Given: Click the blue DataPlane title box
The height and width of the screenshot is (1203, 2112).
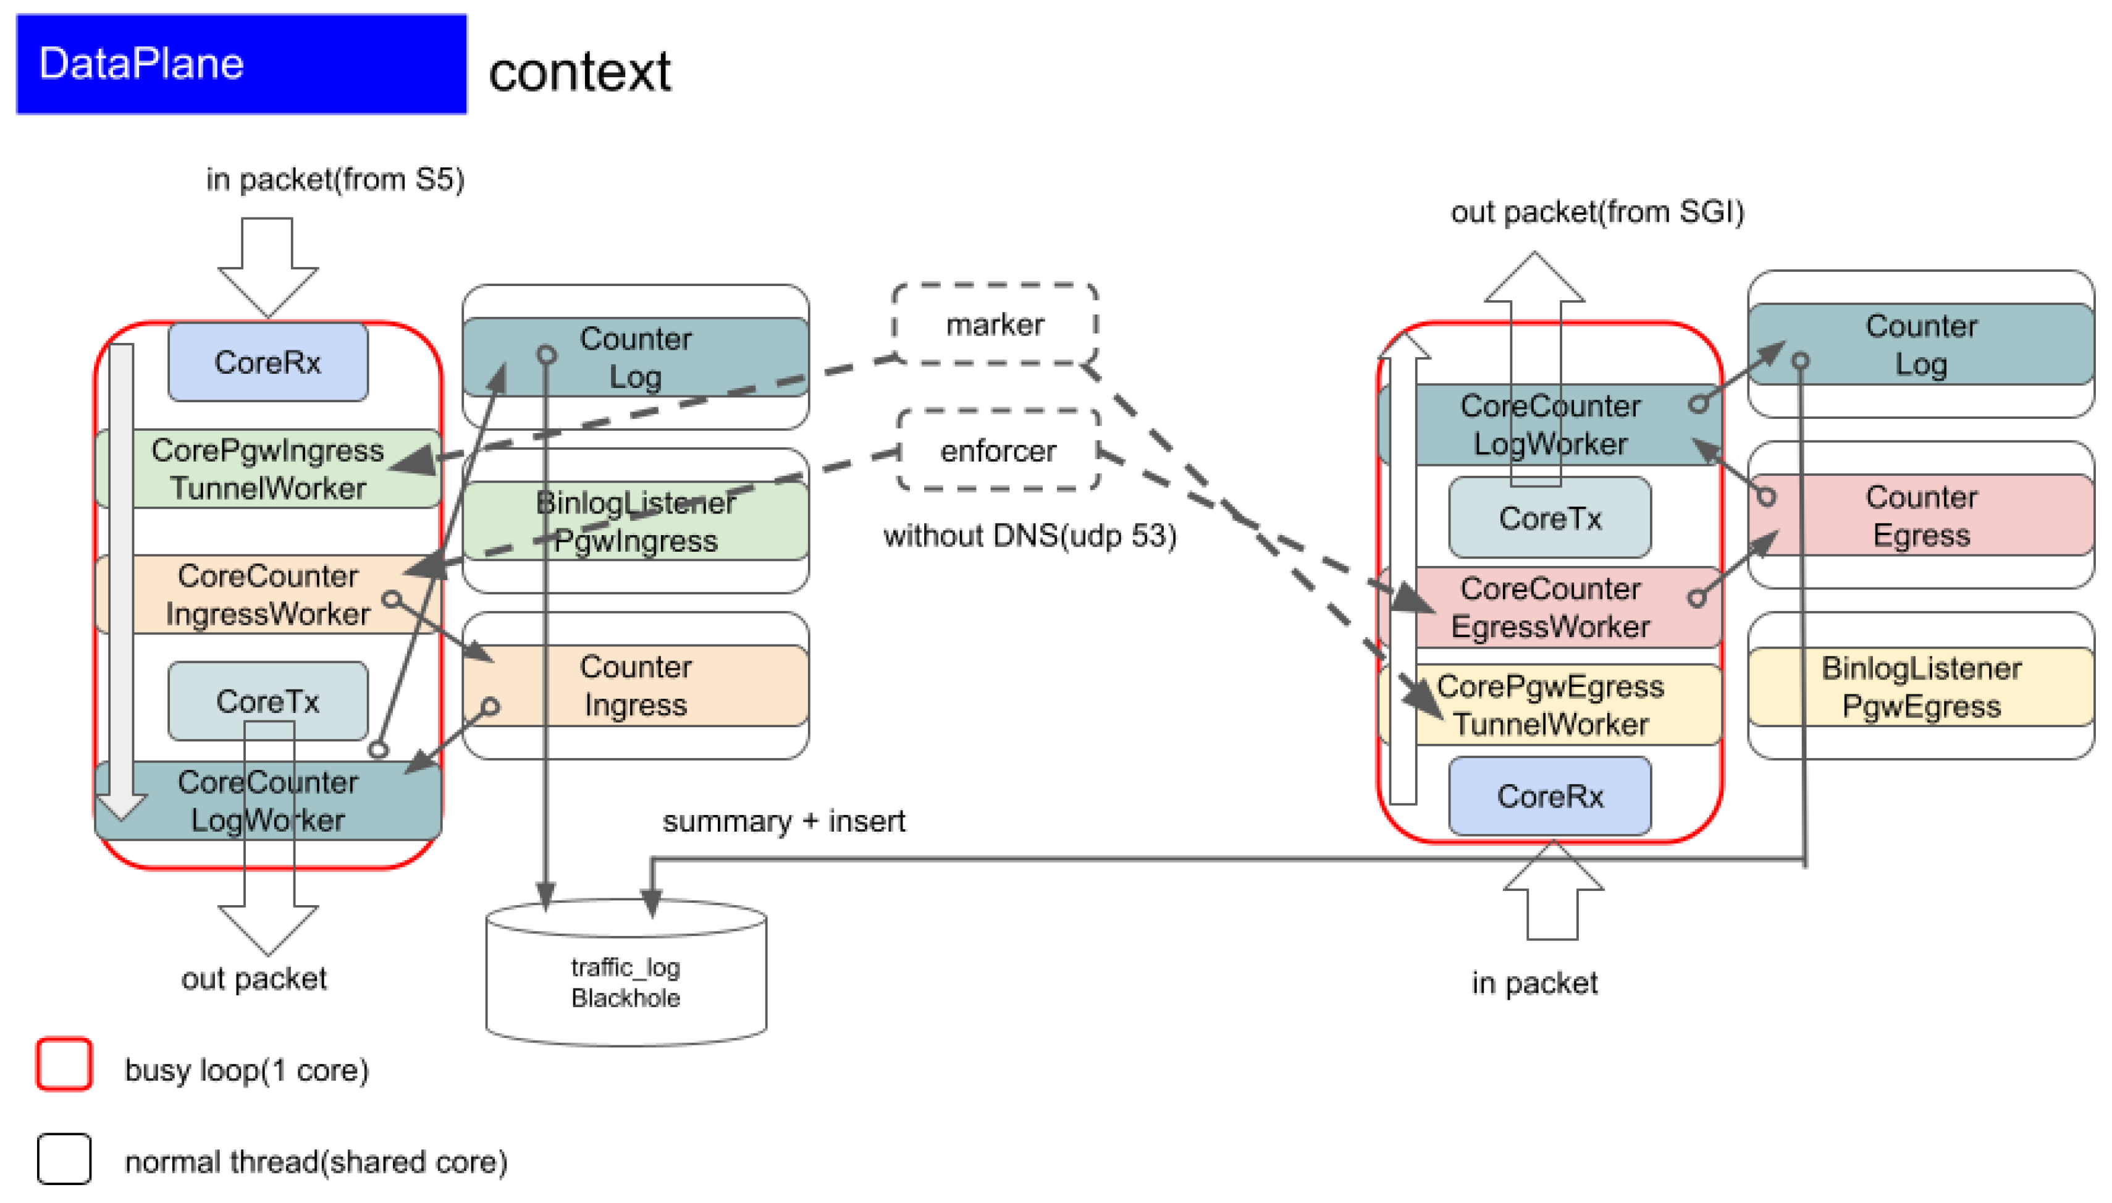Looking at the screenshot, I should (x=240, y=64).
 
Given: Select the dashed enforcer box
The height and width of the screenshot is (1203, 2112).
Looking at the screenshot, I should (x=997, y=450).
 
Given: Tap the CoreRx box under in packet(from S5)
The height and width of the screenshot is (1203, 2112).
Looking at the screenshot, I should (x=267, y=362).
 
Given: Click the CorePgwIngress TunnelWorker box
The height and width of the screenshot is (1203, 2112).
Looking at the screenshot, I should (x=267, y=468).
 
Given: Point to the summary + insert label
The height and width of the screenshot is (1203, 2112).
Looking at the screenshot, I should (x=783, y=821).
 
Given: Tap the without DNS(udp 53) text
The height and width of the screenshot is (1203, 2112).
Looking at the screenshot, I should (x=1029, y=536).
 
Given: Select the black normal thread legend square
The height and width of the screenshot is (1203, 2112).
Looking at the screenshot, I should (x=64, y=1159).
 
